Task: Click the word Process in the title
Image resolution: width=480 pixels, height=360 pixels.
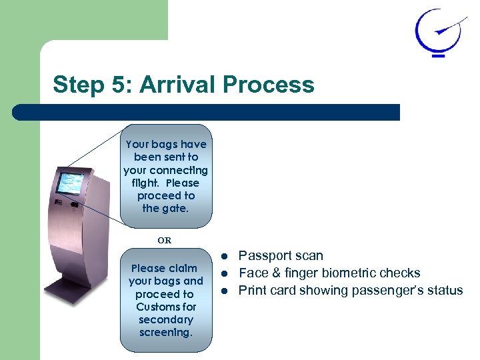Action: (269, 85)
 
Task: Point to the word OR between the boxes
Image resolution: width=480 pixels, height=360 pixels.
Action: (164, 240)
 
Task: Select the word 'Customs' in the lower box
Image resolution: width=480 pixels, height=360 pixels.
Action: (166, 307)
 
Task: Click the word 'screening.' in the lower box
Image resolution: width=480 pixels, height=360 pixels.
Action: (166, 332)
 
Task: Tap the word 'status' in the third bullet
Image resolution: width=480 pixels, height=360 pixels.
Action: (445, 291)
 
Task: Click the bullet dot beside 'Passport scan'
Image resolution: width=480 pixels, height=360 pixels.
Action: (225, 257)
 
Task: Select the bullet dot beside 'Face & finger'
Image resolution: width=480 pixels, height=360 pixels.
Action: (225, 274)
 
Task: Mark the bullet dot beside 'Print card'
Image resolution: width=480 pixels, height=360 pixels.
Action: (225, 291)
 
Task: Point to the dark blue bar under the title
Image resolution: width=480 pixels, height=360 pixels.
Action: (207, 112)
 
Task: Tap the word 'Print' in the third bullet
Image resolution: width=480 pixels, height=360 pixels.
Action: (251, 291)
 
